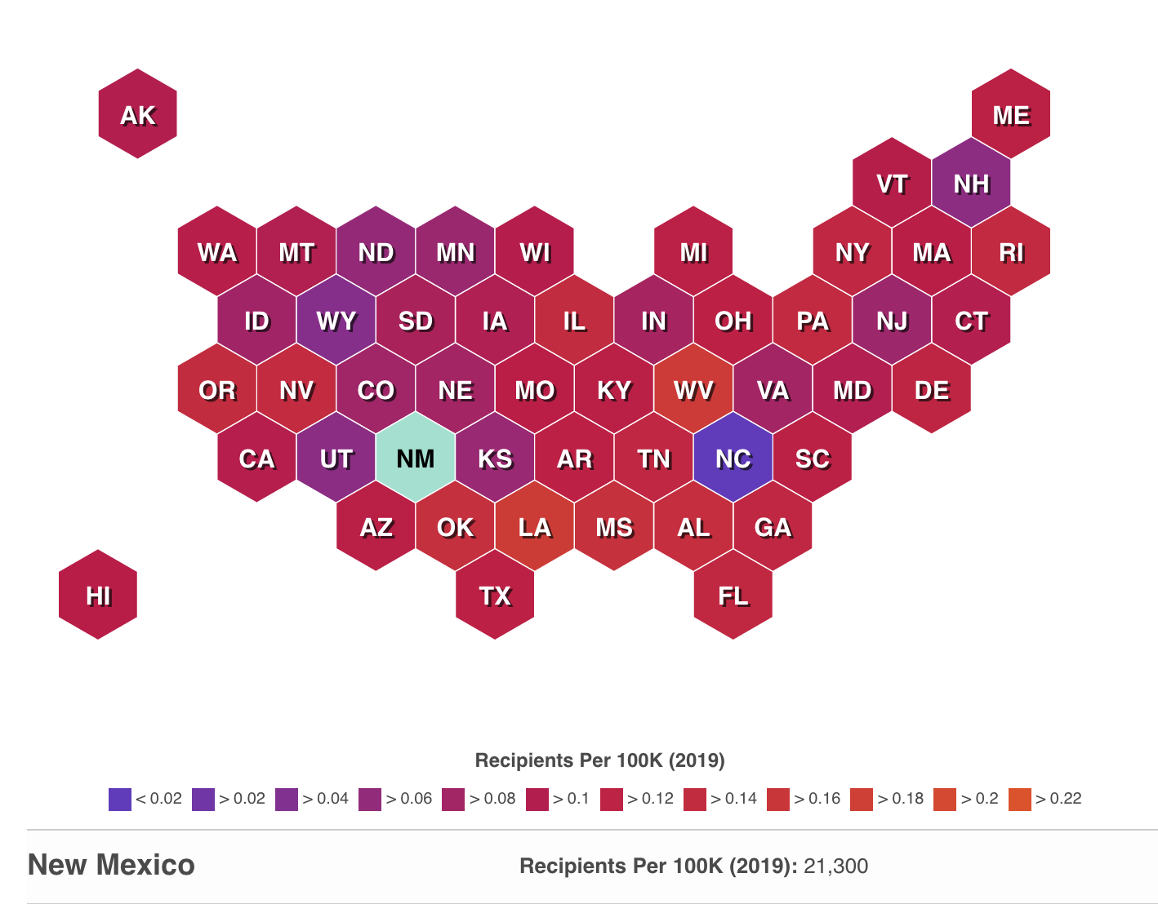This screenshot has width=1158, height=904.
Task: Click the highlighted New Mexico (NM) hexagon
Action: (x=416, y=459)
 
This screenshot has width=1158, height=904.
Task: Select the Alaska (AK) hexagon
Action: (x=138, y=115)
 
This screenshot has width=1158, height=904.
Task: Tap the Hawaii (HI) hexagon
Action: (x=98, y=596)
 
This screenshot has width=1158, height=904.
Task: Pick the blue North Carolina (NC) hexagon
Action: (x=733, y=459)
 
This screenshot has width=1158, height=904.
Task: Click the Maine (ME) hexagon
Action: (x=1011, y=115)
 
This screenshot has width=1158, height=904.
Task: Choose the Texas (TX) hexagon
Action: (x=495, y=596)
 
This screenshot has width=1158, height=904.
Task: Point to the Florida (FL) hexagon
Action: (x=733, y=596)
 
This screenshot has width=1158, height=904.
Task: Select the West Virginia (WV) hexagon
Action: (x=693, y=390)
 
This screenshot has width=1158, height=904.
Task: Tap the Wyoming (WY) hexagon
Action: (x=336, y=321)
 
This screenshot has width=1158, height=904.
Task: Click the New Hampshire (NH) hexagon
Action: (x=971, y=184)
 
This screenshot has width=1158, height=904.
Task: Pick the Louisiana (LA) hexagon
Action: (x=535, y=527)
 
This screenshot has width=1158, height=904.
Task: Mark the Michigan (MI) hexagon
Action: (x=693, y=252)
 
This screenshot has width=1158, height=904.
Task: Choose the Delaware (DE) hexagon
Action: (x=932, y=390)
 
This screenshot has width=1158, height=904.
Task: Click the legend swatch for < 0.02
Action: (x=119, y=799)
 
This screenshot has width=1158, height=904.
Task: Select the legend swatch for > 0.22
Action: (x=1020, y=799)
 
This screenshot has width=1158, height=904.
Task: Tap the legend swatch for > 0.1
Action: (x=537, y=799)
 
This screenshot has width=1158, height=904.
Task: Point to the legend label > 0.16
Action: (x=817, y=799)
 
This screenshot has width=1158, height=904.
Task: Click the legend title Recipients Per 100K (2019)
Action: (x=599, y=760)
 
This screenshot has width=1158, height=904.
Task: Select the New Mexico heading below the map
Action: (x=111, y=865)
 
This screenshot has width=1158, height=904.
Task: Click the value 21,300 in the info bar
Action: (x=835, y=866)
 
